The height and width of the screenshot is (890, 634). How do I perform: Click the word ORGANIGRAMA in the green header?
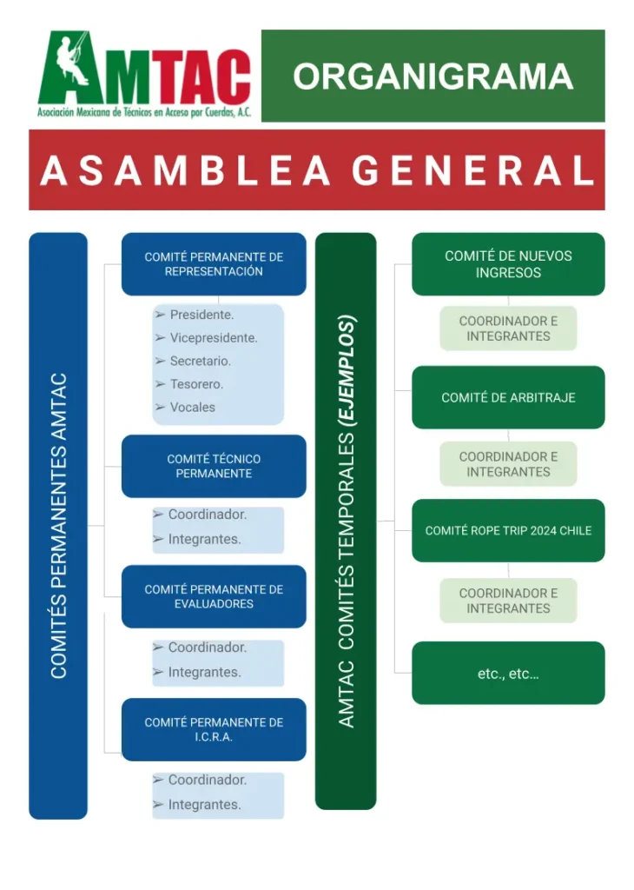[433, 76]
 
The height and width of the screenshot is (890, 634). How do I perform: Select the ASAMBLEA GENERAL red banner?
[317, 170]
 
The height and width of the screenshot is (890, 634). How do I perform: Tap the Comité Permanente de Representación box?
[214, 263]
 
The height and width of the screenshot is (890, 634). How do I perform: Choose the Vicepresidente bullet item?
[213, 338]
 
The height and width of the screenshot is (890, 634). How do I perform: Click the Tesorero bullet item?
[196, 384]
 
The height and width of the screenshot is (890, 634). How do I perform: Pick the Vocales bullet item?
[192, 407]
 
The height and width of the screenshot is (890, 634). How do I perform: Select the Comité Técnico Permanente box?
[214, 466]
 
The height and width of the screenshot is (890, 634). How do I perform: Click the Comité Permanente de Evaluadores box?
[214, 596]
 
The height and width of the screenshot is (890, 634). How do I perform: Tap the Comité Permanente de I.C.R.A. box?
[214, 729]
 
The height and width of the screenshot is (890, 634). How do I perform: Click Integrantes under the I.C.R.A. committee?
[204, 805]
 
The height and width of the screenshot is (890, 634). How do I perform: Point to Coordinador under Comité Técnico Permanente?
[207, 515]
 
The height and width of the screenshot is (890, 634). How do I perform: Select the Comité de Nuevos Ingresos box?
[508, 264]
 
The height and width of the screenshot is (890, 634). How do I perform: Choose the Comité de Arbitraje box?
[508, 397]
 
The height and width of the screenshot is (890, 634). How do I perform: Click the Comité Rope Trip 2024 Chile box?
[508, 530]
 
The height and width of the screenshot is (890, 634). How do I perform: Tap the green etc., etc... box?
[508, 673]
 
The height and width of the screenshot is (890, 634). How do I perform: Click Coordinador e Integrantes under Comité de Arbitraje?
[508, 464]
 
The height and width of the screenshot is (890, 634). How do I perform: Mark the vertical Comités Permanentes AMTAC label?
[58, 526]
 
